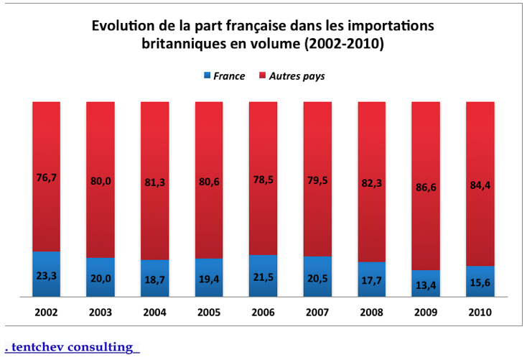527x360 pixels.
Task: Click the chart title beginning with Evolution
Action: pyautogui.click(x=263, y=34)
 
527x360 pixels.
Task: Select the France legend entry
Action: pyautogui.click(x=224, y=75)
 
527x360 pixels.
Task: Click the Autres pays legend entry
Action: pyautogui.click(x=292, y=75)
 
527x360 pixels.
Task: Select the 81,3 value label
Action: pyautogui.click(x=154, y=183)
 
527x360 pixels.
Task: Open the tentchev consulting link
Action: pyautogui.click(x=72, y=347)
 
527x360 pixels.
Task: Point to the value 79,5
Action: pyautogui.click(x=317, y=180)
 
